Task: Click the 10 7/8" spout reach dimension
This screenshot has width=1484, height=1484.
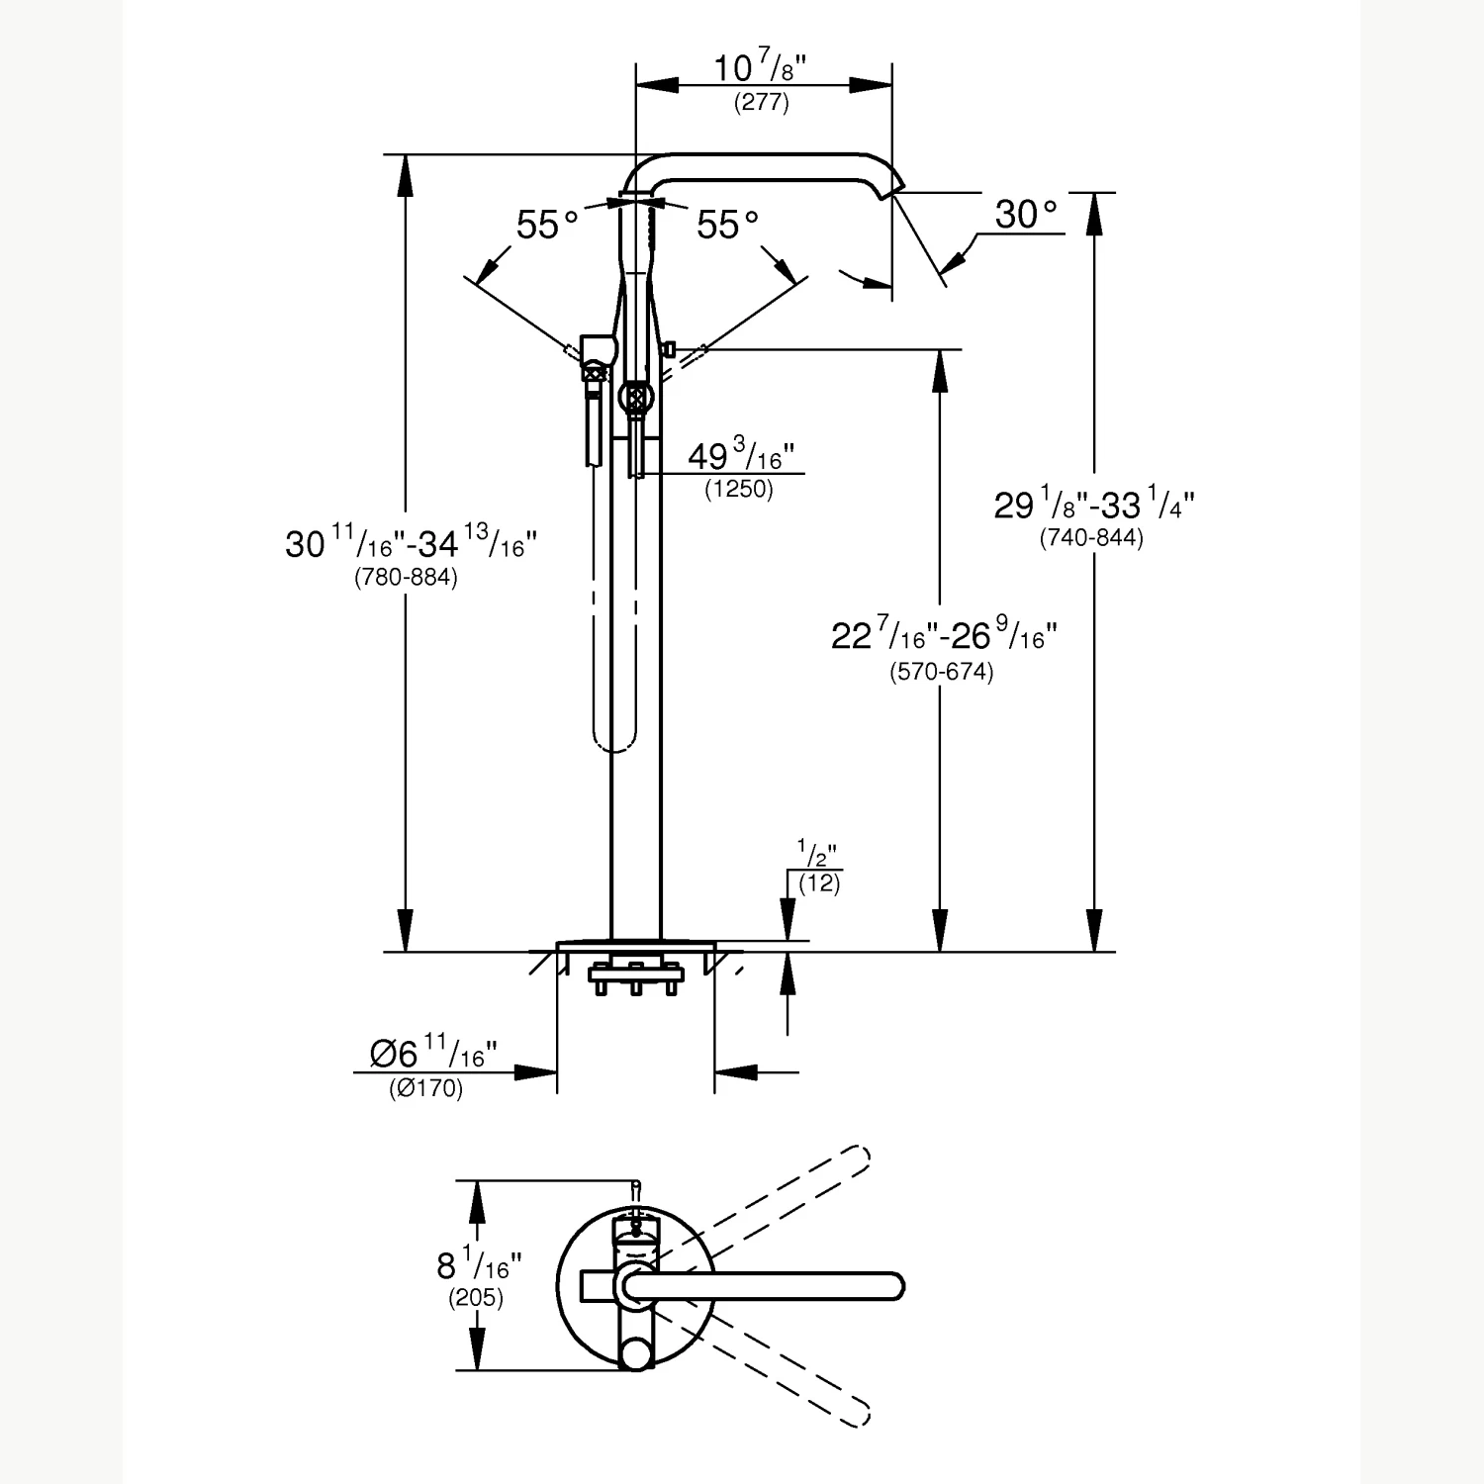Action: (760, 68)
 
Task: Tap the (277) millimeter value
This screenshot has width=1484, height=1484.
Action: (761, 102)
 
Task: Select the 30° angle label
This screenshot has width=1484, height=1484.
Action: (1026, 214)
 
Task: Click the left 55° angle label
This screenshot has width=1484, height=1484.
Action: (547, 225)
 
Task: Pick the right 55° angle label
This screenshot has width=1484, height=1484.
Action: (727, 225)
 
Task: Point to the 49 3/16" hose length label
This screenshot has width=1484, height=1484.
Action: (741, 456)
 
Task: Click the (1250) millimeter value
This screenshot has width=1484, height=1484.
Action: (739, 489)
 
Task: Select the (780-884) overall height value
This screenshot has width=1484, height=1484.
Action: (406, 578)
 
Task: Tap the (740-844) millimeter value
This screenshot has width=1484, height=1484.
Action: (1091, 538)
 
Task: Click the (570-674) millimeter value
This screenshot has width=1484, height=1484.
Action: (941, 673)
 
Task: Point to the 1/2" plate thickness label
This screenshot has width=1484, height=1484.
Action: (817, 854)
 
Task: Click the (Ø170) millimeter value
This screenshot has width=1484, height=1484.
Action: (425, 1089)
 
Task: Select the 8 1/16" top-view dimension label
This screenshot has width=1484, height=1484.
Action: (480, 1264)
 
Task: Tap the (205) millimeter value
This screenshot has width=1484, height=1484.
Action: (476, 1297)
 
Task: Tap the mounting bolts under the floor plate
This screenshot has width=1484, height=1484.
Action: (636, 979)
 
